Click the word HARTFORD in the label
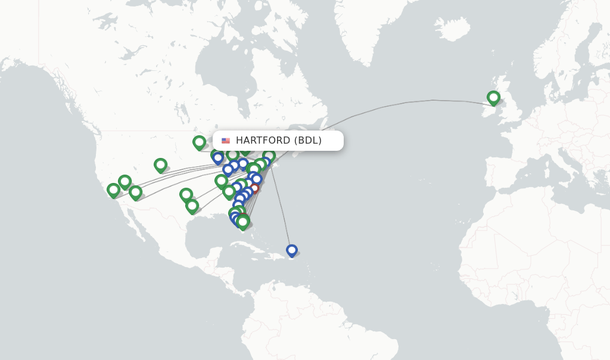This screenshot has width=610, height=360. click(x=263, y=141)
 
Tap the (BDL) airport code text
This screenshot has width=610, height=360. click(x=308, y=141)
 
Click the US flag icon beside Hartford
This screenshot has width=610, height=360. click(x=226, y=141)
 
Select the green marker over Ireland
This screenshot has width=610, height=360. click(x=493, y=97)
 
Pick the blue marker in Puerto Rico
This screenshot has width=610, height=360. click(x=292, y=250)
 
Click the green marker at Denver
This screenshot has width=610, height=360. click(x=160, y=165)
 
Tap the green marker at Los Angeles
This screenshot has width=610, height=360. click(x=113, y=190)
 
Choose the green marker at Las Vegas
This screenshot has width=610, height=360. click(x=125, y=181)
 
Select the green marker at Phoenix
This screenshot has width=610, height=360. click(x=136, y=192)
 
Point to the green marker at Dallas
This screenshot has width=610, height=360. click(x=186, y=194)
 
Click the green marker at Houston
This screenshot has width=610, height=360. click(x=192, y=206)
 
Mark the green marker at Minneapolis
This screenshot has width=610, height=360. click(x=199, y=142)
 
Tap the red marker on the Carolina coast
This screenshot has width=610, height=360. click(x=254, y=188)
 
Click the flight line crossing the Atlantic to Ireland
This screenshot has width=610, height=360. click(x=405, y=103)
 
